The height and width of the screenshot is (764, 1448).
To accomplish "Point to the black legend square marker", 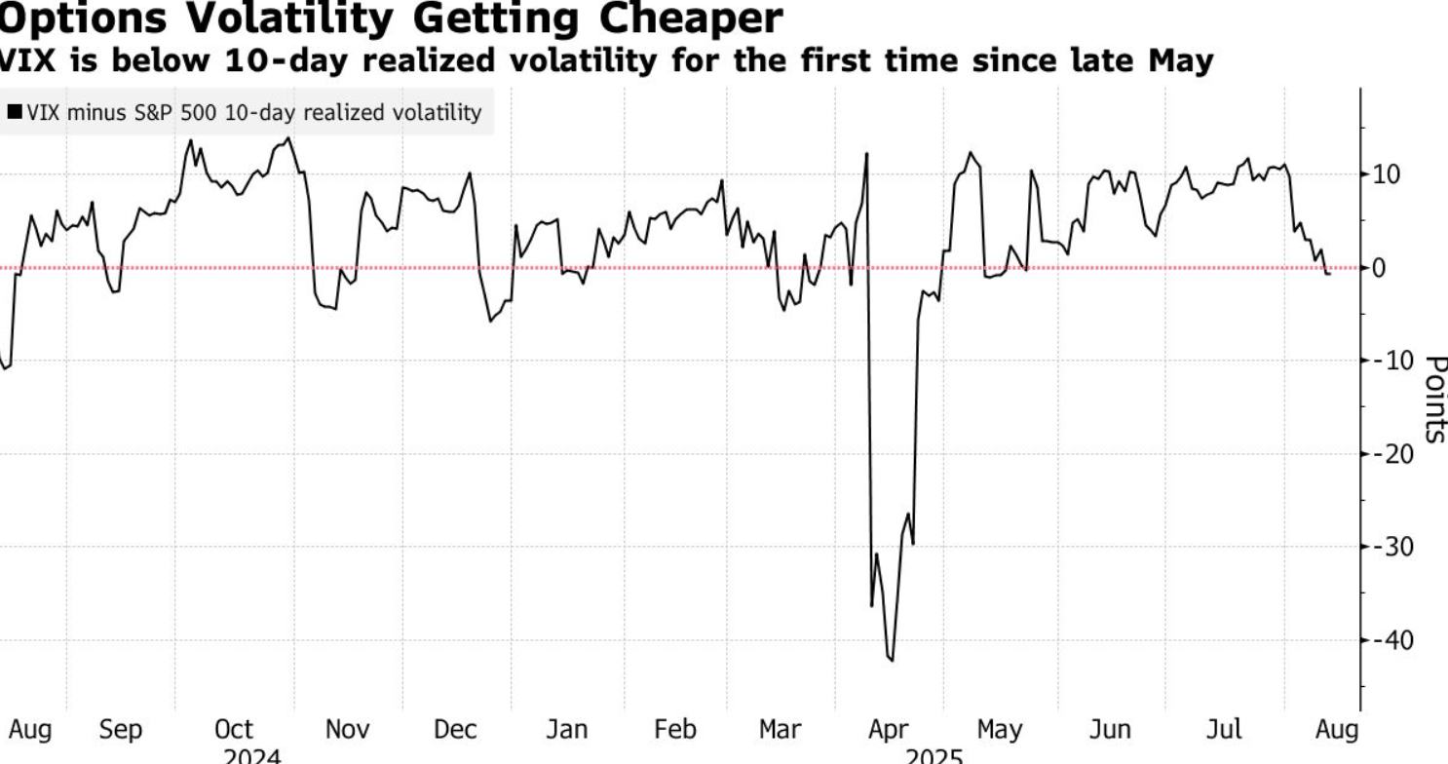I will tap(15, 112).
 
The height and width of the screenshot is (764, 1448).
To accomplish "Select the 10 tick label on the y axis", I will tap(1387, 174).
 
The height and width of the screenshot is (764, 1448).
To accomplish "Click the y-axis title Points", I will tap(1433, 399).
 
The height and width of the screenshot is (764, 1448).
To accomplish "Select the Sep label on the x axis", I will tap(121, 729).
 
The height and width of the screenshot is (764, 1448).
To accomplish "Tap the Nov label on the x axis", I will tap(347, 729).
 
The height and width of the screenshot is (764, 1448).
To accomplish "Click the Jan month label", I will tap(566, 729).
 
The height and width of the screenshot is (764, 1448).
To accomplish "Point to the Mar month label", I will tap(780, 729).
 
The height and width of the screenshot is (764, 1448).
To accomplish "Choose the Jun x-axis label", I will tap(1109, 729).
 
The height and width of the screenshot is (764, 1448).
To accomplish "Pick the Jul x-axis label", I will tap(1224, 729).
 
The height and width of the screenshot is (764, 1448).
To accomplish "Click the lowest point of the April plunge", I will tap(892, 661).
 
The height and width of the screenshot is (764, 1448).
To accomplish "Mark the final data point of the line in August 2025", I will tap(1329, 274).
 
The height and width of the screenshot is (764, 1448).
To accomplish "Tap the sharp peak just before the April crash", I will tap(866, 153).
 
